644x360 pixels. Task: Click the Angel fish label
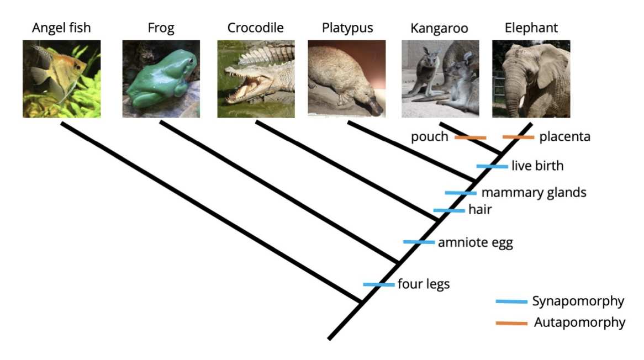tap(61, 28)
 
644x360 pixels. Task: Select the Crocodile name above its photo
tap(256, 28)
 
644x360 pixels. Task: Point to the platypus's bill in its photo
tap(376, 105)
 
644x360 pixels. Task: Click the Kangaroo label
tap(440, 28)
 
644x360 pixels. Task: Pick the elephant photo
tap(531, 78)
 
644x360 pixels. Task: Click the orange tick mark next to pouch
tap(470, 137)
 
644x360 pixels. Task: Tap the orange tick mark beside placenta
tap(518, 137)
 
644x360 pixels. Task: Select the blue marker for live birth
tap(492, 166)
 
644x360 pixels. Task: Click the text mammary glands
tap(534, 193)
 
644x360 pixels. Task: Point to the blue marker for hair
tap(449, 210)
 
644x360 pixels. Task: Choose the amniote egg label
tap(475, 242)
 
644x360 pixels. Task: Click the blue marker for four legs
tap(379, 284)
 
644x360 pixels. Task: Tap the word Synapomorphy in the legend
tap(578, 301)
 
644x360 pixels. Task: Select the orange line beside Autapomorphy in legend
tap(511, 323)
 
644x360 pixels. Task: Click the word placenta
tap(564, 137)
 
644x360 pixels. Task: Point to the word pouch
tap(429, 137)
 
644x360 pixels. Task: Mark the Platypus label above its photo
tap(347, 28)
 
